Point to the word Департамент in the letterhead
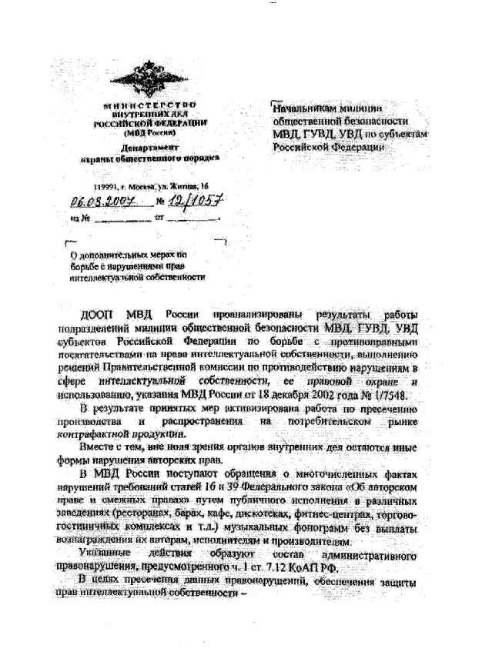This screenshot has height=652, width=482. click(150, 145)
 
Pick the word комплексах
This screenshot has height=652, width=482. click(153, 527)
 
